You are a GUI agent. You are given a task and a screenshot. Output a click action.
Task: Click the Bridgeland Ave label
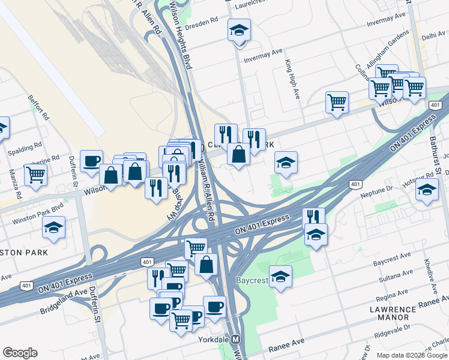pos(64,295)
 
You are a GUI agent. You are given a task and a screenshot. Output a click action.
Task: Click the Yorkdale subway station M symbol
pos(235,339)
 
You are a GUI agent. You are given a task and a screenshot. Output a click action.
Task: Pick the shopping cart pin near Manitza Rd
pos(35,175)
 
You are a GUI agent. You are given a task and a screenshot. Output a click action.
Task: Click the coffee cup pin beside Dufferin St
pos(91,161)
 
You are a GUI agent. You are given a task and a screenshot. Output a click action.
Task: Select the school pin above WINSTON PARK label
pos(54,227)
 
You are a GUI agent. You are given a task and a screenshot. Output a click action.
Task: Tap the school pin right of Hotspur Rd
pos(426,190)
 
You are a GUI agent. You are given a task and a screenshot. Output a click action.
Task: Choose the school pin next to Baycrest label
pos(280,277)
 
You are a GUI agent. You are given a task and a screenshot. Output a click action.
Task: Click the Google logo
pos(20,353)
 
